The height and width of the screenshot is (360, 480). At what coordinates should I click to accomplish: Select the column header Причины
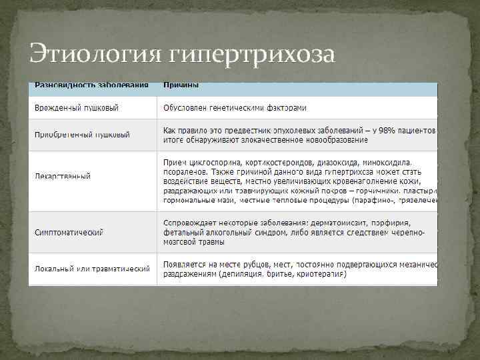[181, 86]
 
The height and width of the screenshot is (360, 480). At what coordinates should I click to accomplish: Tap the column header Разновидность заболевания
[83, 86]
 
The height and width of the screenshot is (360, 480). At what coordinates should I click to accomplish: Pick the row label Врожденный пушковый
[82, 108]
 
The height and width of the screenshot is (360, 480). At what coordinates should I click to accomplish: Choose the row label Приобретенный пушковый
[82, 135]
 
